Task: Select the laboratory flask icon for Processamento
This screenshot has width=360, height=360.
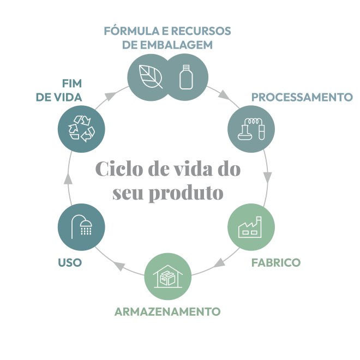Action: (250, 129)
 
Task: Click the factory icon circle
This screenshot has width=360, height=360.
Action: (251, 226)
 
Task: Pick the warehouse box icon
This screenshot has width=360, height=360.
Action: (167, 277)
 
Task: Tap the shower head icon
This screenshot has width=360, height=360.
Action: (81, 226)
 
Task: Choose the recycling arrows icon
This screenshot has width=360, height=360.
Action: (81, 129)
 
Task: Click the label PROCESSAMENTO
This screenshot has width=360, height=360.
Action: (302, 97)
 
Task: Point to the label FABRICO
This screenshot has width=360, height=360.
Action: (275, 262)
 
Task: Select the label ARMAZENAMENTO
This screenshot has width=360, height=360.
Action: (167, 311)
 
